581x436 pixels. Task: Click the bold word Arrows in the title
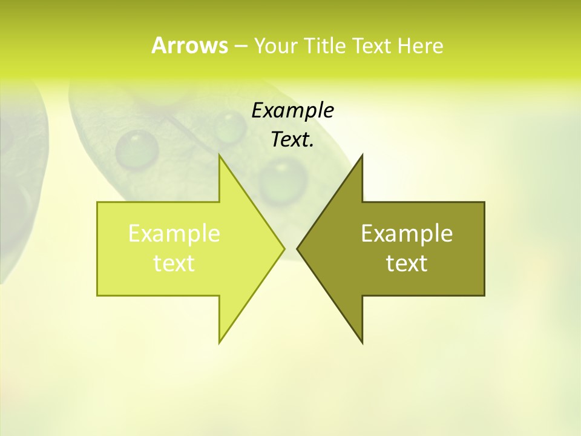coord(189,45)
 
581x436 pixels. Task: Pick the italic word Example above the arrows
coord(292,111)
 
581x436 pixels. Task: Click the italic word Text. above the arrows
coord(292,140)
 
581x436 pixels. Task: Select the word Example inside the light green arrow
coord(174,234)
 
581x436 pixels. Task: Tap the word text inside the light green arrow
coord(174,263)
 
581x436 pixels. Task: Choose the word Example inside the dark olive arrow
coord(407,234)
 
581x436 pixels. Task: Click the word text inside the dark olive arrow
coord(407,263)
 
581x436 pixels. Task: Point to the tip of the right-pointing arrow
coord(284,248)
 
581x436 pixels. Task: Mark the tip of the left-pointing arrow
coord(297,248)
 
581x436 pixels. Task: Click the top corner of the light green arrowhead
coord(220,154)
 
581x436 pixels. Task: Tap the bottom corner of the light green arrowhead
coord(220,343)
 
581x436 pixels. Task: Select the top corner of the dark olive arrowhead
coord(362,154)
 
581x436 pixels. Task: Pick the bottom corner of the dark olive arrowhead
coord(362,343)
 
